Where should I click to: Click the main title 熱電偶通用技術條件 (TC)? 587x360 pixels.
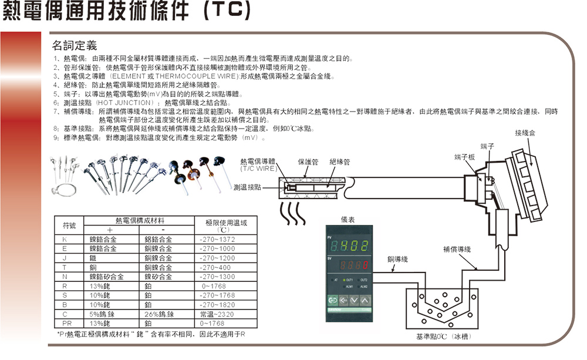pos(127,14)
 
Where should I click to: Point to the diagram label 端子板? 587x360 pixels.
pos(465,157)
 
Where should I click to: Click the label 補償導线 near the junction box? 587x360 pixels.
pos(457,249)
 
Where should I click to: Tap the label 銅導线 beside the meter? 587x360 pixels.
pos(397,259)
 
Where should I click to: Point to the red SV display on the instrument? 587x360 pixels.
pos(355,265)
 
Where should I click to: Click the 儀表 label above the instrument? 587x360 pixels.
pos(348,219)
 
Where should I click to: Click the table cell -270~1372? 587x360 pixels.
pos(217,239)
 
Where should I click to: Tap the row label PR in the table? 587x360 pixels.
pos(66,323)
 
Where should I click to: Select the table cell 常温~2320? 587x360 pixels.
pos(217,314)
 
